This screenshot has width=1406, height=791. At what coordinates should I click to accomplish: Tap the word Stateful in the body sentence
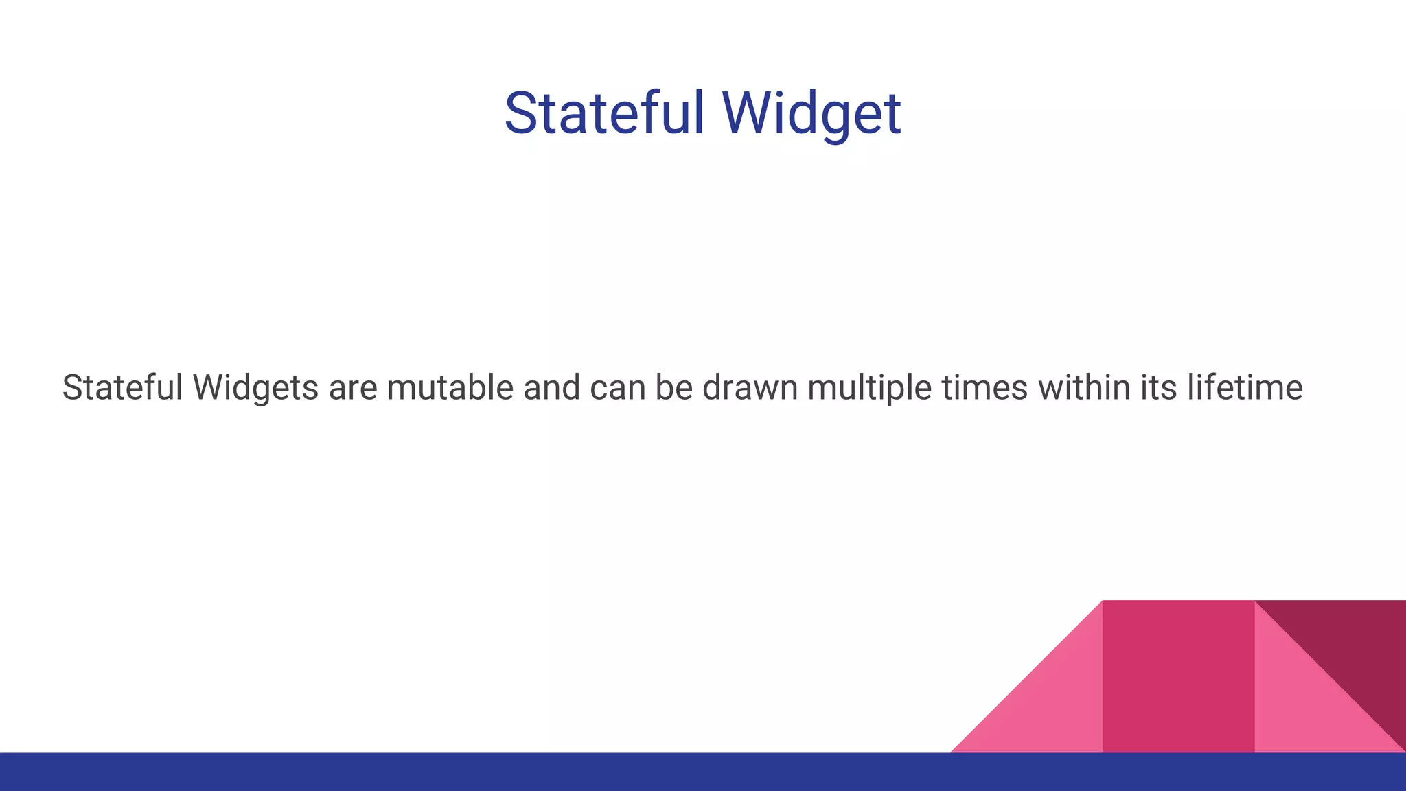[122, 387]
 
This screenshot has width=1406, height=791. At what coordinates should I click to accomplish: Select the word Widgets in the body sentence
[255, 387]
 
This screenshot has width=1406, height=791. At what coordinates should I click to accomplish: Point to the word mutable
[450, 387]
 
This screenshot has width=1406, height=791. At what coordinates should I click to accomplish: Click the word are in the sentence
[353, 387]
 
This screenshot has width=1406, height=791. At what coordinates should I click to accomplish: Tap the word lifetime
[1244, 387]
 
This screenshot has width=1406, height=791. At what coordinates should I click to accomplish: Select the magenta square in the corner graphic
[1178, 676]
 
